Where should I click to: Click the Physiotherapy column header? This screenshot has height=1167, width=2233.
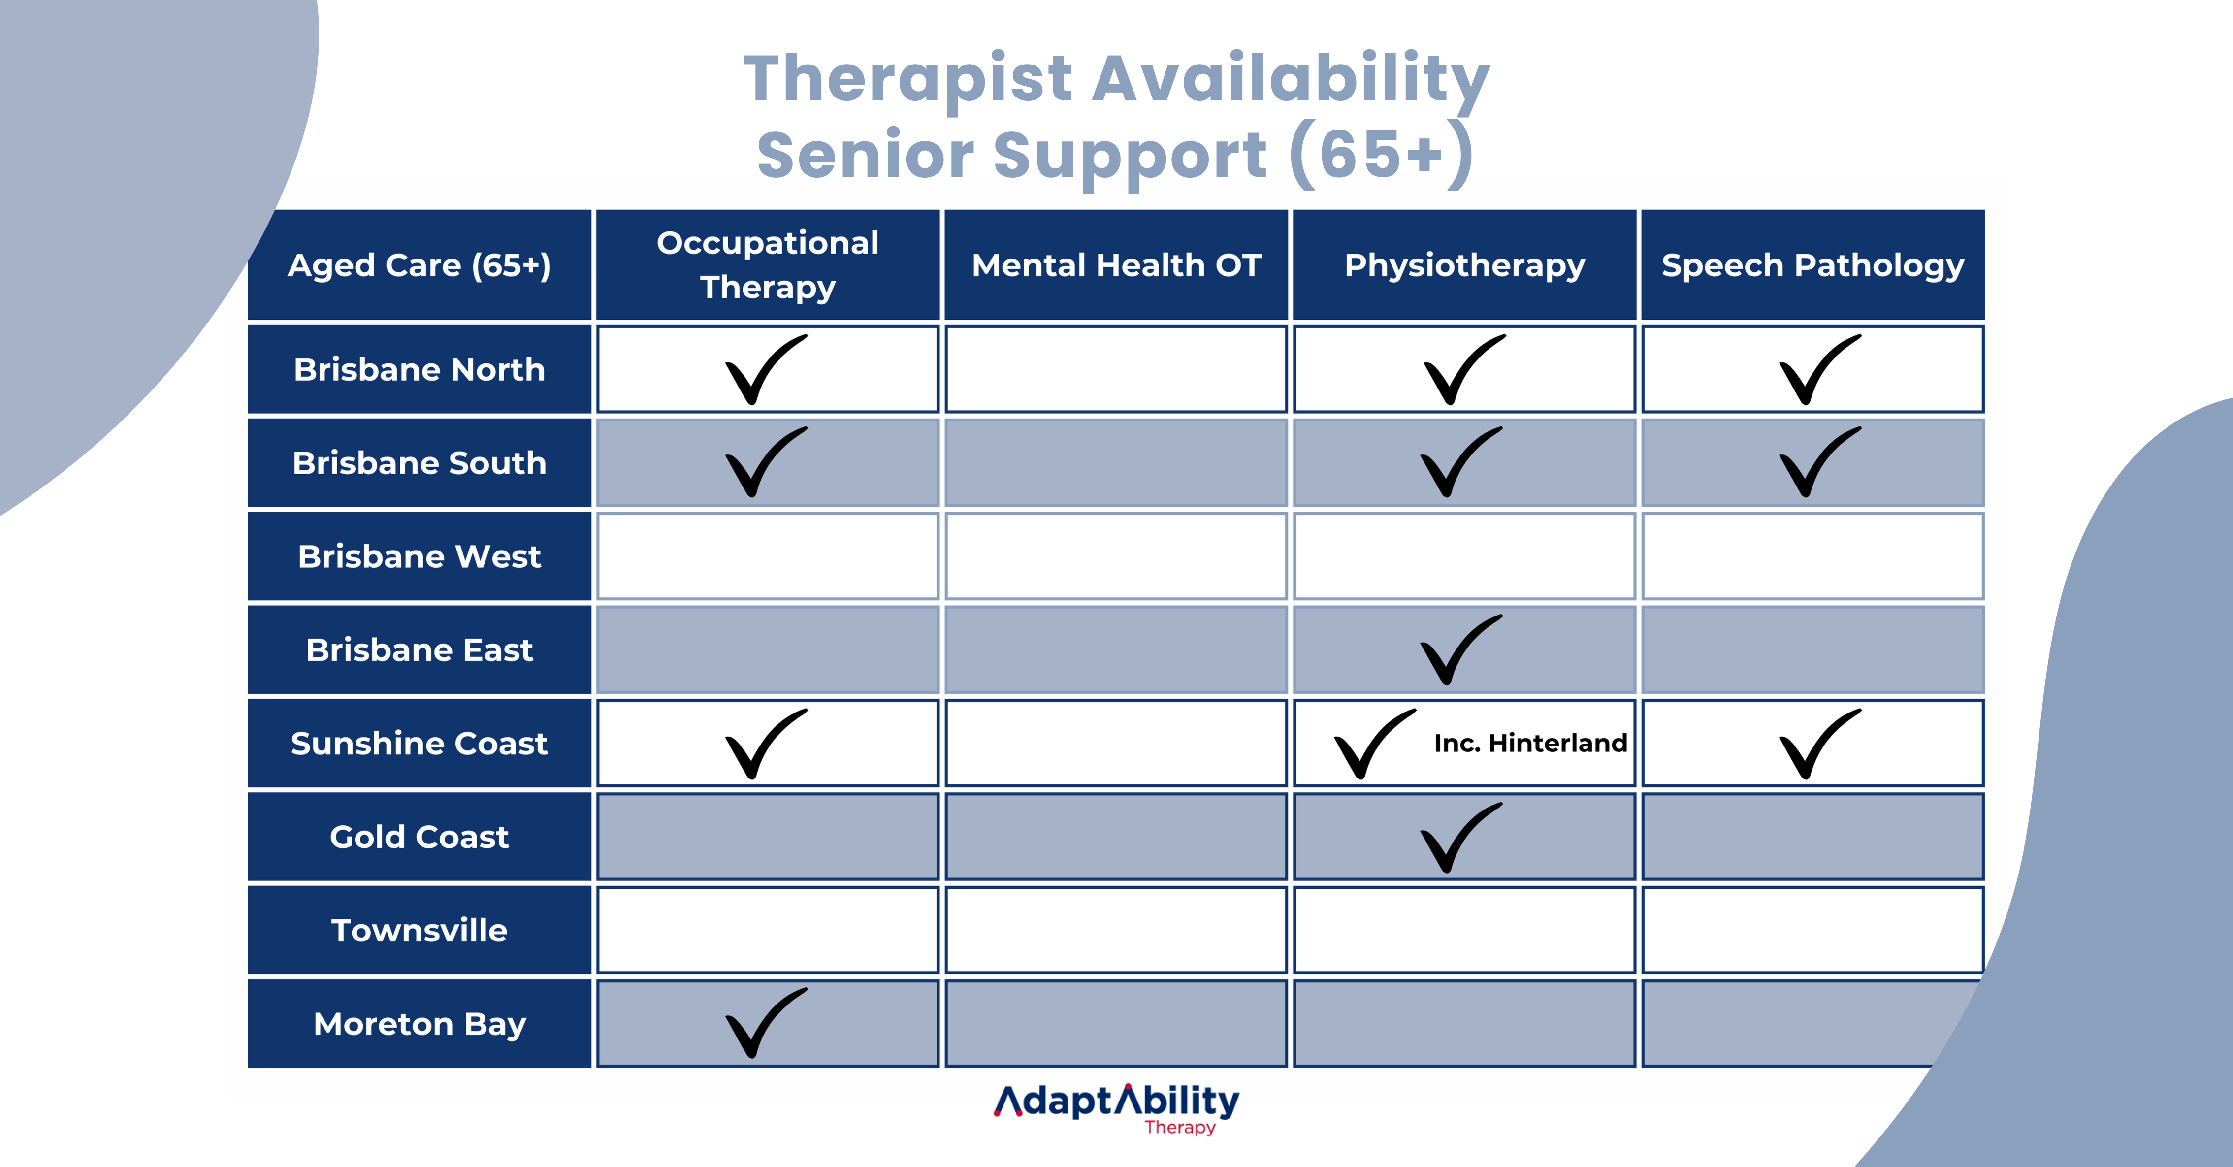click(1464, 265)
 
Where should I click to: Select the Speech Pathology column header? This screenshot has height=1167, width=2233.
click(1812, 265)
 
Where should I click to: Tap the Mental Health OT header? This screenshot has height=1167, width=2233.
click(1116, 265)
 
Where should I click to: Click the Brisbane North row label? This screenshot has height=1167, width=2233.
click(420, 369)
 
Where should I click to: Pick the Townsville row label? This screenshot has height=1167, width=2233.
click(420, 930)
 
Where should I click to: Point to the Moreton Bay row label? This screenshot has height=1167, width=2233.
click(420, 1024)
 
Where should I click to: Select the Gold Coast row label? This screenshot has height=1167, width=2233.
click(420, 837)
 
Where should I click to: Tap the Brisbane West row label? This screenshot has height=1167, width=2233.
click(420, 556)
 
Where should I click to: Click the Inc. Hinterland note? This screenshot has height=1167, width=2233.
click(1530, 743)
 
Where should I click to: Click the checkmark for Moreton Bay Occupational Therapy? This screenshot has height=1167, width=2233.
click(763, 1023)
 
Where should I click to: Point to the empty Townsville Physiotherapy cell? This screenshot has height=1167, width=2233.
click(1464, 930)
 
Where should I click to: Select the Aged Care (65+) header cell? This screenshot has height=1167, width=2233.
click(420, 265)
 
